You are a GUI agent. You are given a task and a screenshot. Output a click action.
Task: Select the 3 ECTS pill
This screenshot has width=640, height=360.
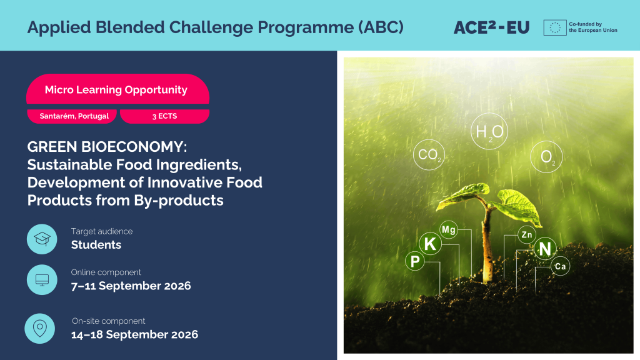[x=164, y=116]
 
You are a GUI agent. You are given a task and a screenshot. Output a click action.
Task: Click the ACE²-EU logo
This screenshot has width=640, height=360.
[x=491, y=27]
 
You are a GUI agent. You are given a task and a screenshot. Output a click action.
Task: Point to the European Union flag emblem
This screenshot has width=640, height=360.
[x=555, y=27]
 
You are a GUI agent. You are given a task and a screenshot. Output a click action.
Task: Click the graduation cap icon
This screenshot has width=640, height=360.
[x=42, y=239]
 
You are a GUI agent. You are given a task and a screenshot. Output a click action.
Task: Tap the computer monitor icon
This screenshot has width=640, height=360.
[x=42, y=279]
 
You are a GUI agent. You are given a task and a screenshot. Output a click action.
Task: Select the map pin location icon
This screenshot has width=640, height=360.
[x=39, y=329]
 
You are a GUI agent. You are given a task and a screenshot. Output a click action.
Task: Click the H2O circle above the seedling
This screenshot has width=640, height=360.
[x=489, y=131]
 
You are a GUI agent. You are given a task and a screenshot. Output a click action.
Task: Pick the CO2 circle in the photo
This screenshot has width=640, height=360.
[x=429, y=155]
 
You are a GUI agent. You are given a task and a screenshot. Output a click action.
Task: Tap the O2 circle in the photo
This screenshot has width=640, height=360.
[x=546, y=157]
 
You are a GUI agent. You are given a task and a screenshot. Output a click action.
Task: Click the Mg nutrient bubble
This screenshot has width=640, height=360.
[x=449, y=230]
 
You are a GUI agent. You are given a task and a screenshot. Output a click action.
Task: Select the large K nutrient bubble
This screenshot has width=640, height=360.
[x=430, y=244]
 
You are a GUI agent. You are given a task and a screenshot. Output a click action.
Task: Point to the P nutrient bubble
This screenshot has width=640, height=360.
[x=415, y=261]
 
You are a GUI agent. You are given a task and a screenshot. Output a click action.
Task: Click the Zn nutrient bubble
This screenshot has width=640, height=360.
[x=526, y=235]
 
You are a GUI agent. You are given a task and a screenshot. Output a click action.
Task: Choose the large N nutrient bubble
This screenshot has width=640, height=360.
[x=545, y=249]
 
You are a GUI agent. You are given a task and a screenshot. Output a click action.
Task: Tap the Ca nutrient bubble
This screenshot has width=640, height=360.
[x=561, y=266]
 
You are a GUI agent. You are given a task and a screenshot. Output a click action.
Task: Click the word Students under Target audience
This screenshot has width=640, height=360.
[x=96, y=244]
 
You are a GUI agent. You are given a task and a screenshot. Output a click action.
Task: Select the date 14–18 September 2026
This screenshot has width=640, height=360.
[x=135, y=334]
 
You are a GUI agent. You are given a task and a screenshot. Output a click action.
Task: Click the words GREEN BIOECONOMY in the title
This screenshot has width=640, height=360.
[x=107, y=146]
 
